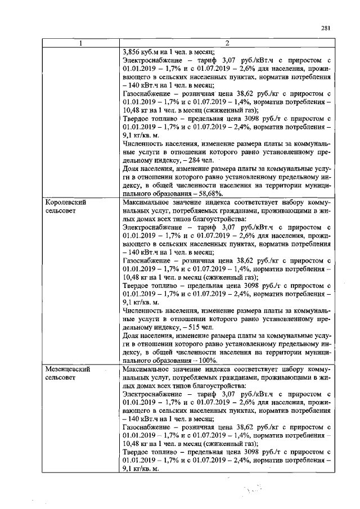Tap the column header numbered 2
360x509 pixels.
(x=227, y=43)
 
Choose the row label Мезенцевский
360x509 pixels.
(x=67, y=370)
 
